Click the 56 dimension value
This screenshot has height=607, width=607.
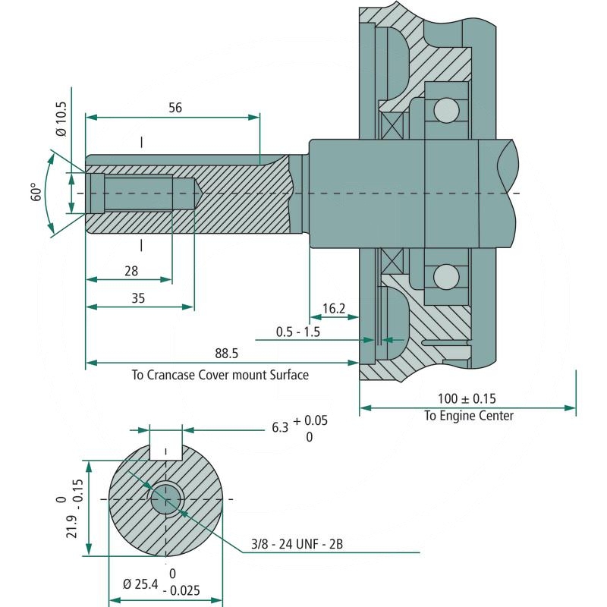pyautogui.click(x=175, y=108)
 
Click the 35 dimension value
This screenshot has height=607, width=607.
pyautogui.click(x=137, y=298)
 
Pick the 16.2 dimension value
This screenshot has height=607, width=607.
pyautogui.click(x=334, y=308)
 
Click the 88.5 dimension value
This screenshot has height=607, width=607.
pyautogui.click(x=226, y=354)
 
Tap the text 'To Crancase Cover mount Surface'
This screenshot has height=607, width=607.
pyautogui.click(x=220, y=375)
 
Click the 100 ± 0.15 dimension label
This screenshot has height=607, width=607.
pyautogui.click(x=467, y=398)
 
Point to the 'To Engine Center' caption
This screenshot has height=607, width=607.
pyautogui.click(x=468, y=416)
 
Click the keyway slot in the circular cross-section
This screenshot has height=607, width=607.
pyautogui.click(x=166, y=445)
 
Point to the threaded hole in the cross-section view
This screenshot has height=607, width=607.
pyautogui.click(x=165, y=499)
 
